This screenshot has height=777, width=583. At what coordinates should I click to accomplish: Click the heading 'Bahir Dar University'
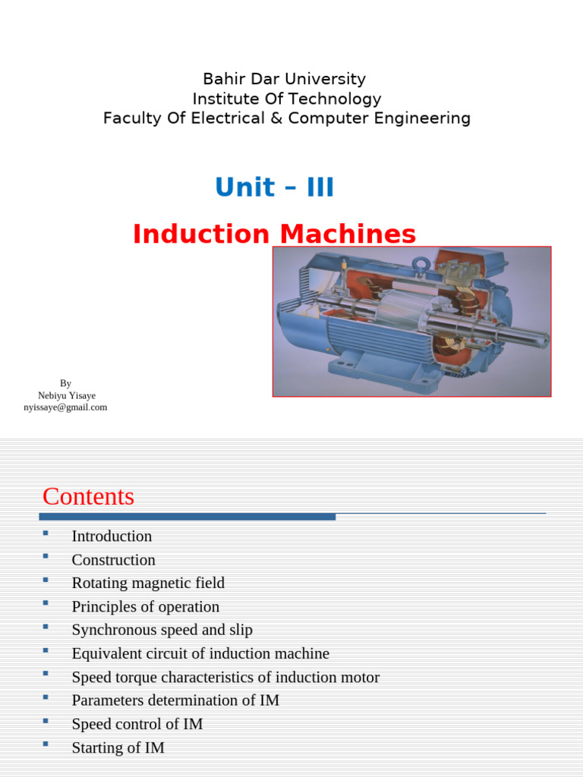point(284,79)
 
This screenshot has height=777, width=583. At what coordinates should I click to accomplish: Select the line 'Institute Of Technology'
point(286,99)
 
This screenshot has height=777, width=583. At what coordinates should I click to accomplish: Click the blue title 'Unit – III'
point(274,187)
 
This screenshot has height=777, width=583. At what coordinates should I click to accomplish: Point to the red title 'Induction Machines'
point(274,234)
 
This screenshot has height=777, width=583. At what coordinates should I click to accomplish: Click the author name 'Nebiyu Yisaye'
point(66,395)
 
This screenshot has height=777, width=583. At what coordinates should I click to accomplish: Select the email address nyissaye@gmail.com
point(65,407)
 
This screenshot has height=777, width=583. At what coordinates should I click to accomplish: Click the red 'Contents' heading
point(88,496)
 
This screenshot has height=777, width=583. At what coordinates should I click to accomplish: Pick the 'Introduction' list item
point(112,536)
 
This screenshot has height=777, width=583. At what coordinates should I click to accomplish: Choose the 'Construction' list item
point(113,560)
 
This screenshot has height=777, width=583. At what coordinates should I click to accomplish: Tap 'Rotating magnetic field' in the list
point(148,584)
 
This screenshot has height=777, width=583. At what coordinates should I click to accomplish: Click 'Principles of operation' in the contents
point(145,607)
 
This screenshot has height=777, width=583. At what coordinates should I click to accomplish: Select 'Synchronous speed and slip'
point(162,631)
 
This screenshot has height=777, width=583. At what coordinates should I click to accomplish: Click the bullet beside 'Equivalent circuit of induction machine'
point(46,651)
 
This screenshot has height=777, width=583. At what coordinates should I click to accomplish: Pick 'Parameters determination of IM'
point(175,700)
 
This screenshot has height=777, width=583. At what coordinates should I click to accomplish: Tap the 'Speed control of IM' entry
point(137,724)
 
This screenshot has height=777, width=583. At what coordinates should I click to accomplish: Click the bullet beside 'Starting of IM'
point(46,745)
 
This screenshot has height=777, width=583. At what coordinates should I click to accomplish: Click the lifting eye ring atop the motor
point(421,264)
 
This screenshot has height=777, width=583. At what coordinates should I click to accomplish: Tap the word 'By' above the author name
point(66,383)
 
